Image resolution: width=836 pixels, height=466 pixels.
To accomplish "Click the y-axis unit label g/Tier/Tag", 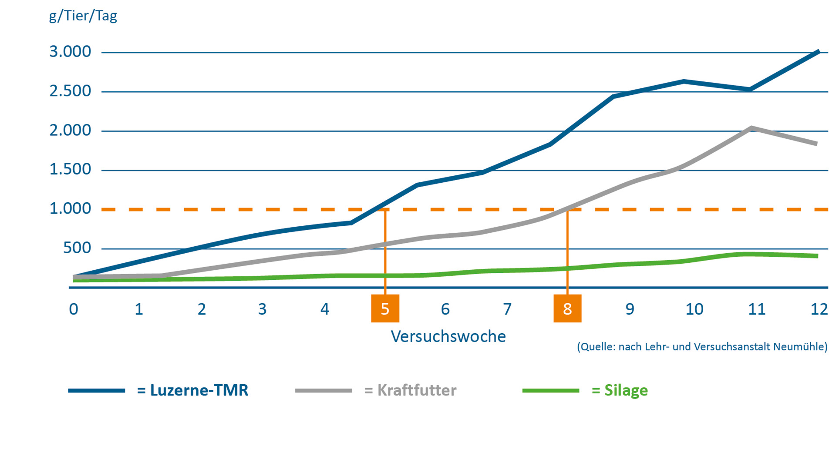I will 83,16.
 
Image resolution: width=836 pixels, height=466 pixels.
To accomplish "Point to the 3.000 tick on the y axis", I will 70,52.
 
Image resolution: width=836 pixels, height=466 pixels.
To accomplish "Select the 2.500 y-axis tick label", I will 70,91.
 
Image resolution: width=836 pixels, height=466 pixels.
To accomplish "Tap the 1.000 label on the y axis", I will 70,209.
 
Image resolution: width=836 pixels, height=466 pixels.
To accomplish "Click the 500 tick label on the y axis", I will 77,248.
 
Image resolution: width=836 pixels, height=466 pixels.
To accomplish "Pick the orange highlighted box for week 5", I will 385,308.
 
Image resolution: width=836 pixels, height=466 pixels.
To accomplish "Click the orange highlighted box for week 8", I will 567,308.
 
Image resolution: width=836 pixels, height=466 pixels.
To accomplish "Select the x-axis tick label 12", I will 819,309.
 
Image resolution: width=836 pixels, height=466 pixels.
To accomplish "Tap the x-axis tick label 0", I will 74,309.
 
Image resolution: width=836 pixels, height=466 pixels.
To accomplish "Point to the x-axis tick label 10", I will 694,309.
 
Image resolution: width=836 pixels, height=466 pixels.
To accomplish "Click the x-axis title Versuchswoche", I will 448,336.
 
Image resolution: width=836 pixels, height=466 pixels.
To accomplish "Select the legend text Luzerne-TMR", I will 199,390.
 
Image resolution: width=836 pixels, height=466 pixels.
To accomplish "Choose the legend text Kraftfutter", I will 417,390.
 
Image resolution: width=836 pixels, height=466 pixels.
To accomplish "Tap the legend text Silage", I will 626,390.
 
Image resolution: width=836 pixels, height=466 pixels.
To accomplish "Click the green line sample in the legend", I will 551,391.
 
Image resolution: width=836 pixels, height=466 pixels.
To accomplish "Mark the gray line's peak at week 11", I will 751,128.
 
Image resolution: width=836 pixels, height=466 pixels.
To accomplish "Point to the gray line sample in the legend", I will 324,391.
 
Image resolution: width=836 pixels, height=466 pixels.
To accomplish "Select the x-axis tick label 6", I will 445,309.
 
